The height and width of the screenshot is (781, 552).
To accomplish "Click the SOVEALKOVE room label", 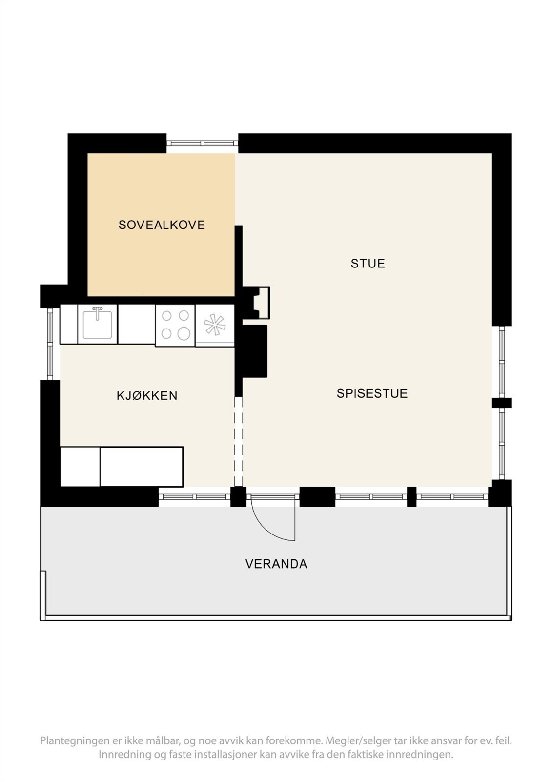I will coord(162,225).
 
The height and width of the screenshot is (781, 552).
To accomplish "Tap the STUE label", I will coord(368,264).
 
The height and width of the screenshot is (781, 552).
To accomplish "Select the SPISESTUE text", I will coord(372,393).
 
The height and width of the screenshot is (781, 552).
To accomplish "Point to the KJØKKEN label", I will coord(147,395).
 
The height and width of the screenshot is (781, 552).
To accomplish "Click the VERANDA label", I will coord(276,564).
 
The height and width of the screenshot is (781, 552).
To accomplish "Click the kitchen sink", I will coord(98,324).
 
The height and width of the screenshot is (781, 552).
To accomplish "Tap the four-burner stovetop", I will coord(175,325).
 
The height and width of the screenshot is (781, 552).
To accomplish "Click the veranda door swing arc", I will coord(271,522).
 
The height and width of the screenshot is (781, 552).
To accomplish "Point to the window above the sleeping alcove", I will coord(202,143).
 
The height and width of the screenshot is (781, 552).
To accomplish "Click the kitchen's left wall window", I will coord(50,344).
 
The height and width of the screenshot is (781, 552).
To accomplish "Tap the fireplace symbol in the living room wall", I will coord(261,302).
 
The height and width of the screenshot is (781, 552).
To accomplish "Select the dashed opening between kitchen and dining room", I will coord(238,441).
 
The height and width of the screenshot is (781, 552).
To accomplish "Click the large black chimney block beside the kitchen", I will coord(252,351).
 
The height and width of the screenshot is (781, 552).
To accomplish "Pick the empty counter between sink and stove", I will coord(137,324).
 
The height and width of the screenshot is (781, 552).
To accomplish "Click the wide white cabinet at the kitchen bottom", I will coord(142,467).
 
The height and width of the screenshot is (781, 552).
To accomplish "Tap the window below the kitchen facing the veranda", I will coord(194,497).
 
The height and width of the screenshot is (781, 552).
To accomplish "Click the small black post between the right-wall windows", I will coord(502,403).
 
